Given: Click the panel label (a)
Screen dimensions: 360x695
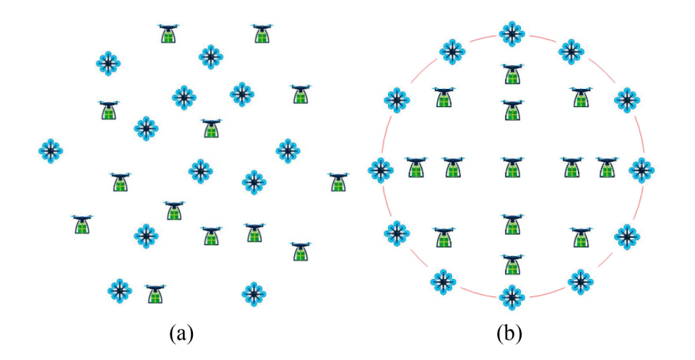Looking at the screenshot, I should (x=181, y=333).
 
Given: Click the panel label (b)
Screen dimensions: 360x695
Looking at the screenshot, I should (x=511, y=333).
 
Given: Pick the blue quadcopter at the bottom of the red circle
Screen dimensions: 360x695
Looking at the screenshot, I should (x=511, y=296).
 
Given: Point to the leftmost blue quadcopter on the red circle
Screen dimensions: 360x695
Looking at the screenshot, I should (x=381, y=170).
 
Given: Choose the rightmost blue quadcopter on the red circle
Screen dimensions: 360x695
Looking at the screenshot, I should (x=642, y=170).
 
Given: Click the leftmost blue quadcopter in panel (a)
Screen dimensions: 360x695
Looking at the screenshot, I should (x=50, y=151).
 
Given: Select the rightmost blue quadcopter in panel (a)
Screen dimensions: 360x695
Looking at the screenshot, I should (x=288, y=150).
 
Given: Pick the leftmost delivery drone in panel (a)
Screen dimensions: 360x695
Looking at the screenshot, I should (x=82, y=223).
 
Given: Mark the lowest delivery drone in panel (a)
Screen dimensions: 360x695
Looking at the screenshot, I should (x=155, y=293).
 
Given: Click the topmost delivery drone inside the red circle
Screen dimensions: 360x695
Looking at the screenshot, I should (x=511, y=73).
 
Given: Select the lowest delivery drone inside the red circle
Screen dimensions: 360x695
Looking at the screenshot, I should (x=511, y=264).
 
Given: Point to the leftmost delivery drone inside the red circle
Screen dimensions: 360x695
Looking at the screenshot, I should (x=415, y=167).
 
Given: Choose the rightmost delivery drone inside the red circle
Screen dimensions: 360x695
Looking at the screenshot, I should (x=608, y=167).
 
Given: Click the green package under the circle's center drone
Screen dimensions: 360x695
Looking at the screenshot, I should (x=511, y=171).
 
